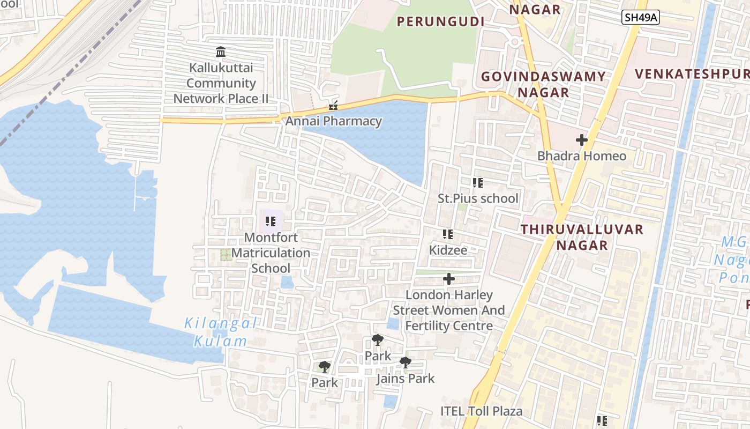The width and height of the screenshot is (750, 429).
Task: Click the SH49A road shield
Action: (x=641, y=18)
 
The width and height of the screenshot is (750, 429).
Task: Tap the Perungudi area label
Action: (x=440, y=22)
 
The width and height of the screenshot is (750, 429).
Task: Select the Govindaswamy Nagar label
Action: (x=543, y=84)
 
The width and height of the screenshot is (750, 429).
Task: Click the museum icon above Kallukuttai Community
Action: (x=221, y=52)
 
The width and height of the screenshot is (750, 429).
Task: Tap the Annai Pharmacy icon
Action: (x=333, y=105)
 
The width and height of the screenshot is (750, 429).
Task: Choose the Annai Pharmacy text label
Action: (x=333, y=121)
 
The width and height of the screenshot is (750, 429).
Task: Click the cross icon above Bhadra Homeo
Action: (x=582, y=140)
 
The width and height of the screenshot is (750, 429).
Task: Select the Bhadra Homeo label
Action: (x=582, y=156)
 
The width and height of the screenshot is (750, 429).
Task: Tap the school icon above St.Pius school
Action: (x=478, y=183)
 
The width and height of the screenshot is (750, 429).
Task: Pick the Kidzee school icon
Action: (x=448, y=234)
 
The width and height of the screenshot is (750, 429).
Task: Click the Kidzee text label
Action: (x=448, y=250)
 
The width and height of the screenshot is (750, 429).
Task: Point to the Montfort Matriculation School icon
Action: (x=271, y=221)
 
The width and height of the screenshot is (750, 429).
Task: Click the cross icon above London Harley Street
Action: (x=449, y=279)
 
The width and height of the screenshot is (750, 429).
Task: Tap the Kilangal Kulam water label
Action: (x=220, y=332)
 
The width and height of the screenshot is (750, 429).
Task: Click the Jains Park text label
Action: (x=406, y=379)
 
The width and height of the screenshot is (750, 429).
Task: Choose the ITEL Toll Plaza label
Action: (x=481, y=411)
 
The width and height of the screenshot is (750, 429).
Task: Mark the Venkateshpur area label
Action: (x=691, y=73)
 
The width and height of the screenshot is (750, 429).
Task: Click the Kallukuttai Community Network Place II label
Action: (x=221, y=83)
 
